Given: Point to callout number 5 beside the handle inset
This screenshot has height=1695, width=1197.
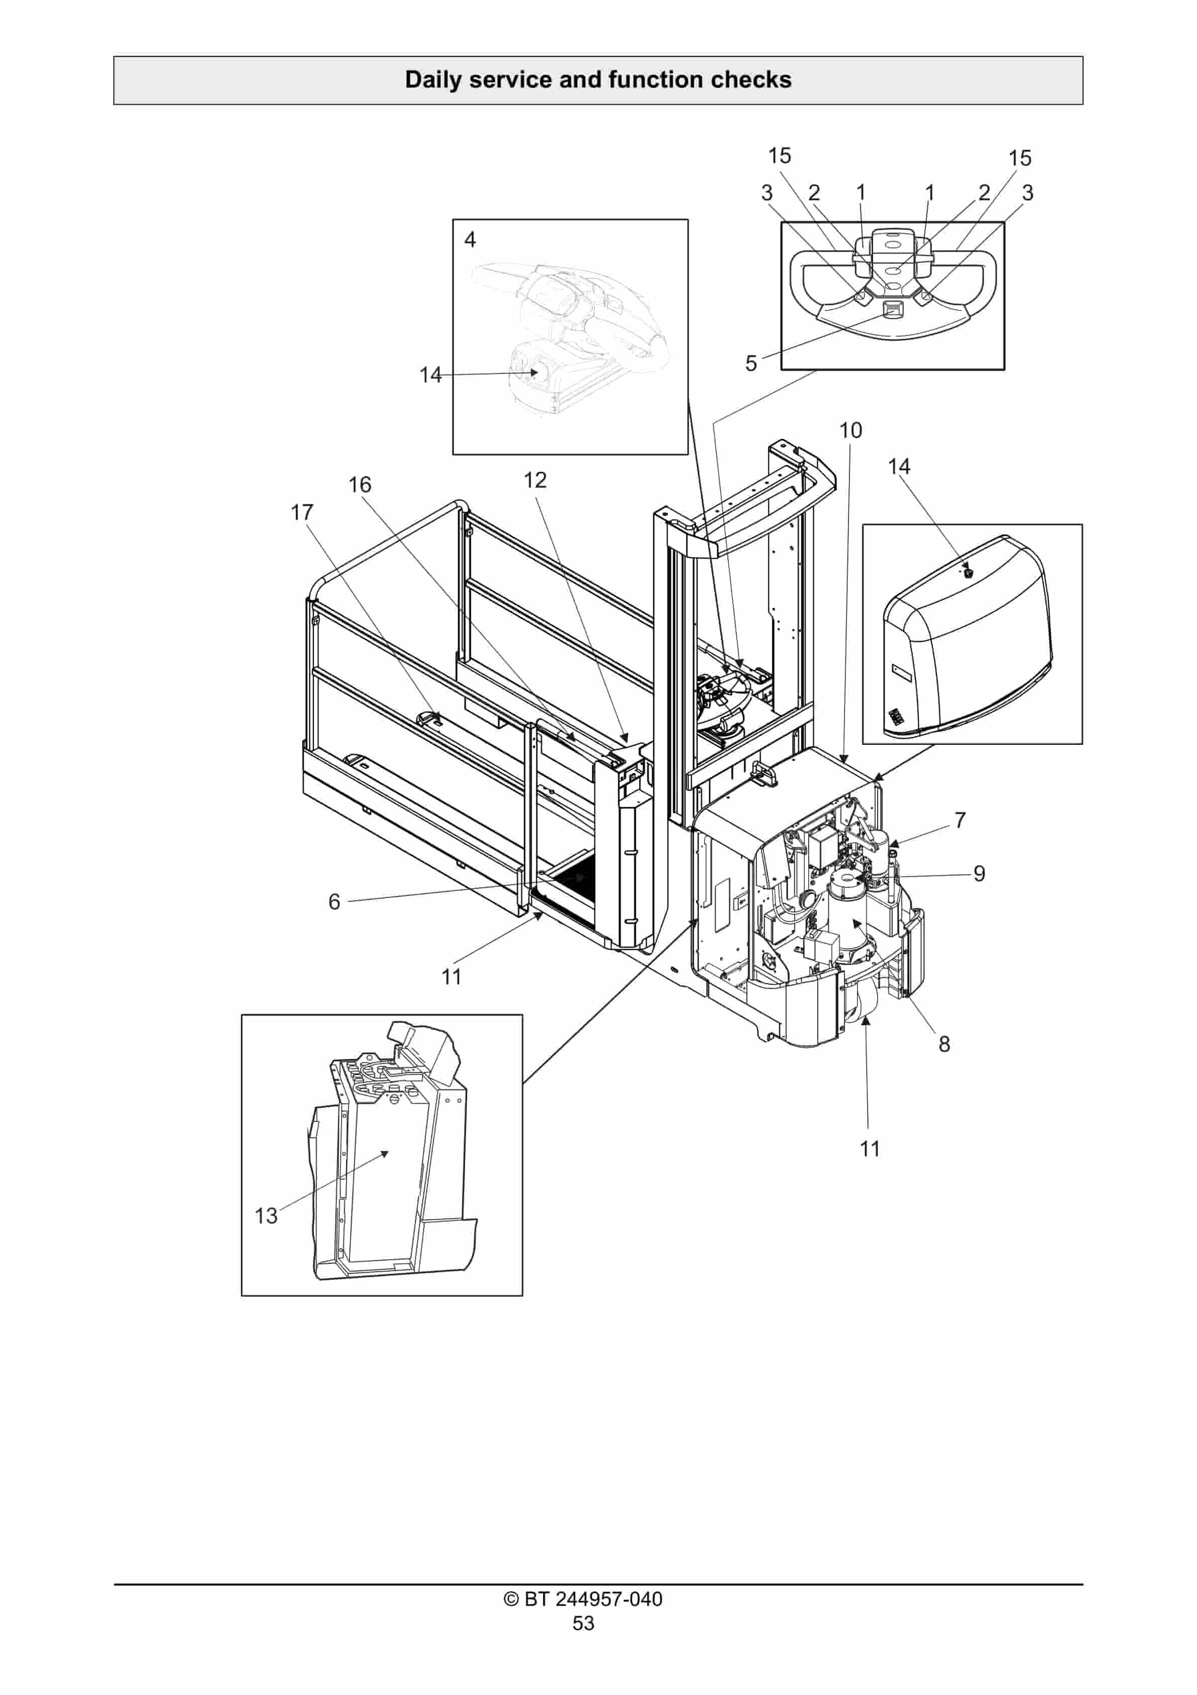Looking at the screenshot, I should (750, 363).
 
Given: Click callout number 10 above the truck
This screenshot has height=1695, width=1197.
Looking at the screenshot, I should (850, 430).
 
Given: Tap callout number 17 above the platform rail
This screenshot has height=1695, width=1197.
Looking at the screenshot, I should (302, 512).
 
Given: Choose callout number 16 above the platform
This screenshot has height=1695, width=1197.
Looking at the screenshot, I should (360, 485).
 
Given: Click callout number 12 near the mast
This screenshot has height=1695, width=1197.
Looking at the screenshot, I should (535, 481).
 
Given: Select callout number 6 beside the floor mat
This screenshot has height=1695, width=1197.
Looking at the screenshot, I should (334, 901).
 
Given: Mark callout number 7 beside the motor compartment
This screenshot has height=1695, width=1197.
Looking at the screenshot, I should (960, 820).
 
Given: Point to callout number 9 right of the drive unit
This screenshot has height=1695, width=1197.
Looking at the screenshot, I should (979, 873).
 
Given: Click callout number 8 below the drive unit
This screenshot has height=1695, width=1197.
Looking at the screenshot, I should (944, 1044).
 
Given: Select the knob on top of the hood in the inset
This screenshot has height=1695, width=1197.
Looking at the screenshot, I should (968, 572).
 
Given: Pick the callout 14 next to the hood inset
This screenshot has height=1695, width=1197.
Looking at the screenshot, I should (898, 467).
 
